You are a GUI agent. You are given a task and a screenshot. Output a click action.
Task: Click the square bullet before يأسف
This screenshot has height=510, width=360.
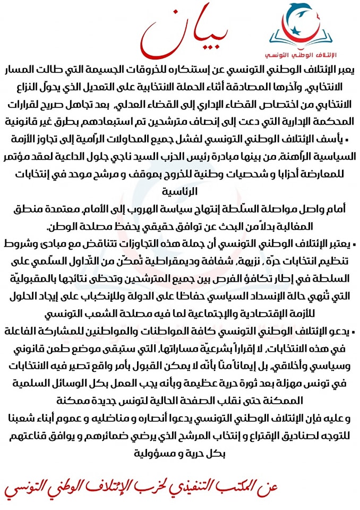pos(347,140)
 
